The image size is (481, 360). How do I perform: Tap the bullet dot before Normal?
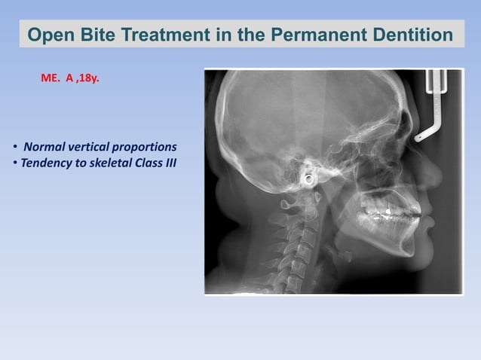pyautogui.click(x=14, y=146)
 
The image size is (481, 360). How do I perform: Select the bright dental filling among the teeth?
pyautogui.click(x=388, y=212)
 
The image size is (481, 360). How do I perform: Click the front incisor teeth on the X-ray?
pyautogui.click(x=415, y=214)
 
